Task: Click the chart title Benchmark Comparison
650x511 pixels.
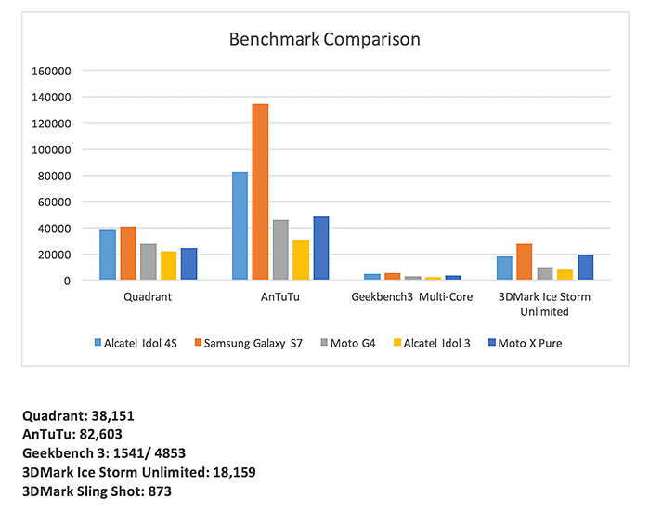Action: pos(325,39)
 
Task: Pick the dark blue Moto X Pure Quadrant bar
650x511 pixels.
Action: pos(188,264)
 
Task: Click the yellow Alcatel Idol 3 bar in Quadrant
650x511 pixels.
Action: pos(168,266)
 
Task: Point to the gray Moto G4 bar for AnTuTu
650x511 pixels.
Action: pos(280,250)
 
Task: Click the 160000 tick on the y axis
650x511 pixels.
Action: pos(51,71)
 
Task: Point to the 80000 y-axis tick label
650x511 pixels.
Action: pos(54,176)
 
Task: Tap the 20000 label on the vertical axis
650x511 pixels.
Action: pos(54,255)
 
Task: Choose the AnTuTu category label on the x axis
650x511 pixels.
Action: pos(280,297)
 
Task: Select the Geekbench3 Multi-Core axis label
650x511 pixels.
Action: pos(411,297)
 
